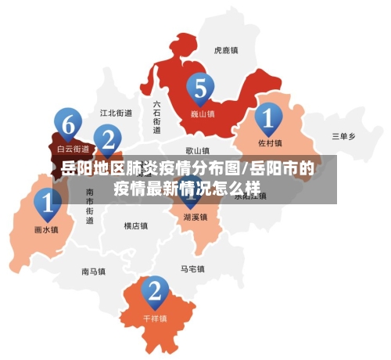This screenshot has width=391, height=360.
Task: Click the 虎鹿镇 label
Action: coord(226,50)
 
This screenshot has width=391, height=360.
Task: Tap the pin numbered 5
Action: coord(200,89)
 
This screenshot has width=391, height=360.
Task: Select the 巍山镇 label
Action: coord(203,113)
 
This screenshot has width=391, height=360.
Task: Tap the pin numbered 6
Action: coord(69,123)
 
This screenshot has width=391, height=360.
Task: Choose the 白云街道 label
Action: coord(70,146)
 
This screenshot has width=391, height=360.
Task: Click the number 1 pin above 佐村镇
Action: coord(268,119)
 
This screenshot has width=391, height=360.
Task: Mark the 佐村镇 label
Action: coord(270,143)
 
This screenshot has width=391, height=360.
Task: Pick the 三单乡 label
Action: coord(343,136)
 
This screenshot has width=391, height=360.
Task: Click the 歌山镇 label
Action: coord(197,150)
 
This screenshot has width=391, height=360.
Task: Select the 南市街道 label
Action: coord(90,206)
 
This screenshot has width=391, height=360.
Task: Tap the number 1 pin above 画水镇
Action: coord(48,204)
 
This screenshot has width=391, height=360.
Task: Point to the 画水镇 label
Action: coord(47,230)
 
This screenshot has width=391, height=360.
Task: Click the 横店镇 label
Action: coord(136,226)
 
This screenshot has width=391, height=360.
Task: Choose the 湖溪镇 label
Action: coord(195,217)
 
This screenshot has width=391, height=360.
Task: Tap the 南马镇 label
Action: coord(93,272)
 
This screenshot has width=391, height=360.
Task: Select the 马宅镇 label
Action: coord(192,269)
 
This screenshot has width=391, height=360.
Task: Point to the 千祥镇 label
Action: coord(156,319)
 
